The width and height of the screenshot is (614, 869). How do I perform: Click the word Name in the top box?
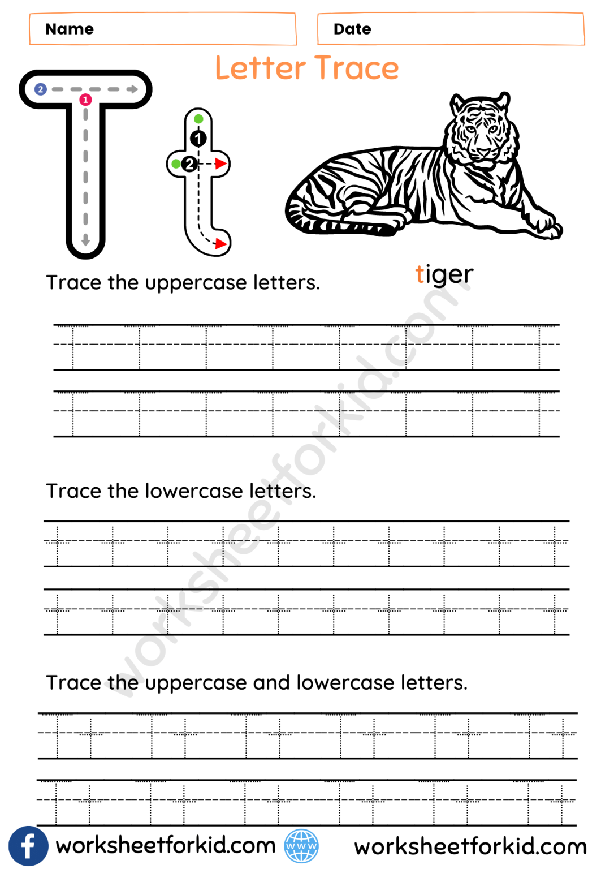coord(70,29)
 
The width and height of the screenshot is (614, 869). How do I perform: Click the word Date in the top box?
coord(352,29)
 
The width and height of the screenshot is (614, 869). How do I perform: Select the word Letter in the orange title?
coord(260,68)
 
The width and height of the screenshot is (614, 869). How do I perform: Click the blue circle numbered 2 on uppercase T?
coord(40,89)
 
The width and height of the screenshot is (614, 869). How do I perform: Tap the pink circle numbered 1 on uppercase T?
coord(85,100)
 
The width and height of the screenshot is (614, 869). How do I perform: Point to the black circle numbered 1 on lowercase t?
coord(198,138)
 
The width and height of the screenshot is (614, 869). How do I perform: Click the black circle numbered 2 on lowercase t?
coord(189,164)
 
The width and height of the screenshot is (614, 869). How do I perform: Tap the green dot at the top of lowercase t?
coord(198,119)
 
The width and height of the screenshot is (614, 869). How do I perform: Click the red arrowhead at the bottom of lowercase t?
coord(220,244)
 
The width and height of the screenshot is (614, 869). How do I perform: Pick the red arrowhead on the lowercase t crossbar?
coord(220,164)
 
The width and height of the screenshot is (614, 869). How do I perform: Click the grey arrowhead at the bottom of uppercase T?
coord(85,241)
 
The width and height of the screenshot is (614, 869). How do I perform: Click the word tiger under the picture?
coord(444,275)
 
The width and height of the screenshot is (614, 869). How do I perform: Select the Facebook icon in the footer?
coord(28,846)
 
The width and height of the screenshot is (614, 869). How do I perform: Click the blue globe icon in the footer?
coord(301,846)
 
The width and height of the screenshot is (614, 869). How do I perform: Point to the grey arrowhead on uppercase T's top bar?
coord(133,89)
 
